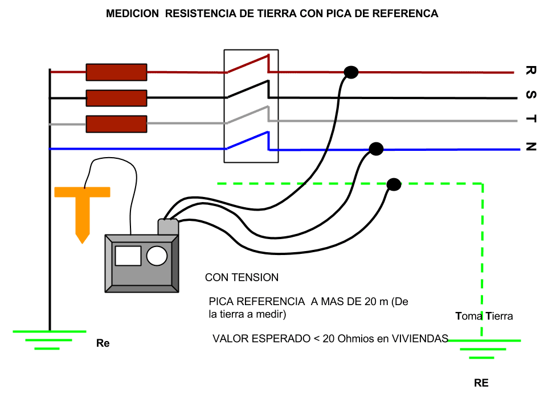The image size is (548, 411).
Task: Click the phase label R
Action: pyautogui.click(x=531, y=70)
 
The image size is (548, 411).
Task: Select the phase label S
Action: pyautogui.click(x=531, y=94)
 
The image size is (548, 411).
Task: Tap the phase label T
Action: pyautogui.click(x=531, y=119)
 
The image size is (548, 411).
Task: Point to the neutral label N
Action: pyautogui.click(x=531, y=147)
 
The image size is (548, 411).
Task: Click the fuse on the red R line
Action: pyautogui.click(x=116, y=72)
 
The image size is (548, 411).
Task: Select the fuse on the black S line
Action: pyautogui.click(x=116, y=98)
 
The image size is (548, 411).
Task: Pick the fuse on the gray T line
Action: pyautogui.click(x=116, y=124)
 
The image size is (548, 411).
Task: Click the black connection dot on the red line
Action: pyautogui.click(x=351, y=72)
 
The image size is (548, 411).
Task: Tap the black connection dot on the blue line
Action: pyautogui.click(x=376, y=149)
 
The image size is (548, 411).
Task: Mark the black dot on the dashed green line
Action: pyautogui.click(x=394, y=184)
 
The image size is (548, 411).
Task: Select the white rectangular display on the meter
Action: pyautogui.click(x=128, y=256)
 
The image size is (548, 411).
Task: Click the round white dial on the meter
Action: pyautogui.click(x=157, y=256)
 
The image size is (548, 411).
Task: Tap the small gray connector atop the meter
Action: pyautogui.click(x=168, y=227)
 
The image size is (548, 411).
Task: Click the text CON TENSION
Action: pyautogui.click(x=242, y=277)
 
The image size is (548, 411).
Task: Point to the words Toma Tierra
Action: pyautogui.click(x=484, y=316)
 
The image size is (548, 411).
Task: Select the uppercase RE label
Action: pyautogui.click(x=481, y=383)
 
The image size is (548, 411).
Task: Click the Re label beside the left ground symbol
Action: pyautogui.click(x=103, y=343)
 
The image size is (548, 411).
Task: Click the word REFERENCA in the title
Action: pyautogui.click(x=405, y=14)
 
